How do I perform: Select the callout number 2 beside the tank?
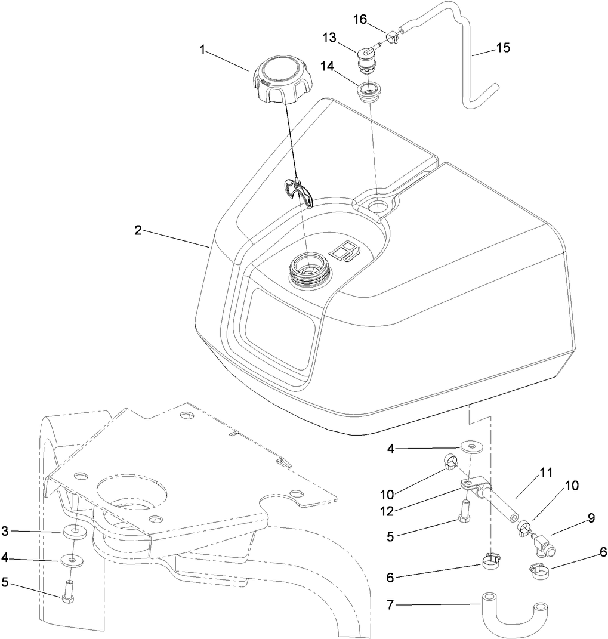pyautogui.click(x=138, y=230)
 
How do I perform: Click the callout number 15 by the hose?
pyautogui.click(x=503, y=48)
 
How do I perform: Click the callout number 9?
pyautogui.click(x=591, y=518)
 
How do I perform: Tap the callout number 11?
pyautogui.click(x=544, y=473)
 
